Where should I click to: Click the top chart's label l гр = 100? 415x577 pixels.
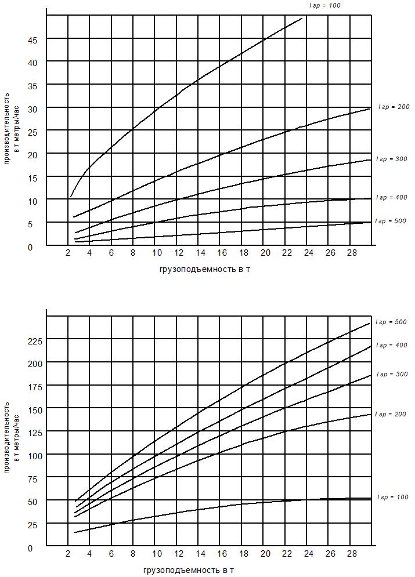(325, 5)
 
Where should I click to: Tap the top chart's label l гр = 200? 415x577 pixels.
(394, 107)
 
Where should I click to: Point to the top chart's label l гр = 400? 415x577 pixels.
(391, 198)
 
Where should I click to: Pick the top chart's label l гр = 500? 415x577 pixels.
(391, 221)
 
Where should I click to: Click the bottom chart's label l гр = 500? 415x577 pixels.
(391, 322)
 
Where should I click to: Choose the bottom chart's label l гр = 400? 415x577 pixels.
(391, 345)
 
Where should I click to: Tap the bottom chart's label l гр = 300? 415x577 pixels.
(391, 375)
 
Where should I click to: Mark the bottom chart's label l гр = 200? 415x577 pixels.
(391, 415)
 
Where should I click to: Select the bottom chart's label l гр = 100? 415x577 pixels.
(392, 498)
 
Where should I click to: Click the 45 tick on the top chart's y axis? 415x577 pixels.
(33, 39)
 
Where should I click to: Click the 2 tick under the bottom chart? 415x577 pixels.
(68, 554)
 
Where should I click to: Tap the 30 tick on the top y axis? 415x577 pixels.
(33, 108)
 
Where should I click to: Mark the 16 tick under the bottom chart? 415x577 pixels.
(222, 554)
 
